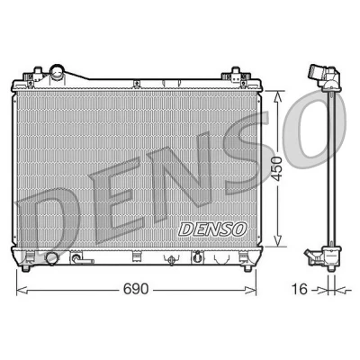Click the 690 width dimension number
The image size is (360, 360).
(136, 289)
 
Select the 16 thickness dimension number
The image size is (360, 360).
(299, 289)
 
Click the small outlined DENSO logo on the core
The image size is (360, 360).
(212, 229)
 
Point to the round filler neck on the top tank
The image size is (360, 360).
(57, 72)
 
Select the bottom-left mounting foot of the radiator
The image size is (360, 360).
(26, 268)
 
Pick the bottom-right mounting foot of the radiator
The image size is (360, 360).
(247, 268)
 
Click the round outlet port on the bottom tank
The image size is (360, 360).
(52, 259)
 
